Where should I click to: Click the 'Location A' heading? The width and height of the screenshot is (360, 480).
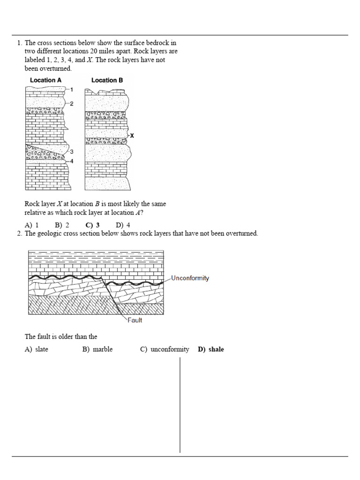coord(45,80)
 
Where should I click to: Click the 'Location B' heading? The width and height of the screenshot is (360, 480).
coord(107,80)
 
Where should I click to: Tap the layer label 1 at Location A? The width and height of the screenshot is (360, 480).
coord(72,89)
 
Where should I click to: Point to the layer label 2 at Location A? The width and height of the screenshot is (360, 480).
coord(72,104)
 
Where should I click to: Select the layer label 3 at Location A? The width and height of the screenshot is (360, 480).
coord(71,151)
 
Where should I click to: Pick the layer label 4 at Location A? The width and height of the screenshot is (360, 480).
coord(71,161)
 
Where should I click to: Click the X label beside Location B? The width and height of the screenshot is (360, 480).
coord(132,135)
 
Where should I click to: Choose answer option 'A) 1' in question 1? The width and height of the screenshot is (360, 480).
coord(31,225)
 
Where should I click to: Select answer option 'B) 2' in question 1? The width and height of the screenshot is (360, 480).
coord(62,225)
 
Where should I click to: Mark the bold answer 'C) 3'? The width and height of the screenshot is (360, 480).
coord(92,225)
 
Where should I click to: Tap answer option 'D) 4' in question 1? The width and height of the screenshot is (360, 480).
coord(123,225)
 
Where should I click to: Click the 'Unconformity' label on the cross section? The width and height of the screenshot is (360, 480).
coord(190,278)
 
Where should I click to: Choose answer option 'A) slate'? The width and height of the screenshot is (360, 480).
coord(37,349)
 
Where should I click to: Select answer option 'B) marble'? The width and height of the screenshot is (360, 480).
coord(97,349)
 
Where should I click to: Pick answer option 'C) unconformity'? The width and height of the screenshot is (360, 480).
coord(165,349)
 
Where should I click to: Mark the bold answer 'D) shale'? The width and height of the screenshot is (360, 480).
coord(211,349)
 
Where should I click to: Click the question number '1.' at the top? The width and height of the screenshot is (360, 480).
coord(20,43)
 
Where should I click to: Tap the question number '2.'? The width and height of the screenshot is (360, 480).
coord(20,233)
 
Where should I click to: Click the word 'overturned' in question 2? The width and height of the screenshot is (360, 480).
coord(241,233)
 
